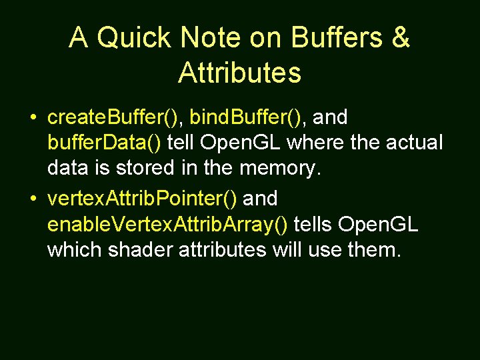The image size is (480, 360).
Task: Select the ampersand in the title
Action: coord(400,39)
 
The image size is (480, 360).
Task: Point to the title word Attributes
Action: coord(239,73)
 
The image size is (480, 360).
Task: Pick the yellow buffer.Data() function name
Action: coord(104,143)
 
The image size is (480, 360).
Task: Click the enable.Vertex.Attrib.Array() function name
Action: coord(167,223)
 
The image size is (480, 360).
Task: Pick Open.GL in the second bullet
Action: coord(378,223)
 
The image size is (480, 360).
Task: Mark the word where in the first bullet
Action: coord(309,143)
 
